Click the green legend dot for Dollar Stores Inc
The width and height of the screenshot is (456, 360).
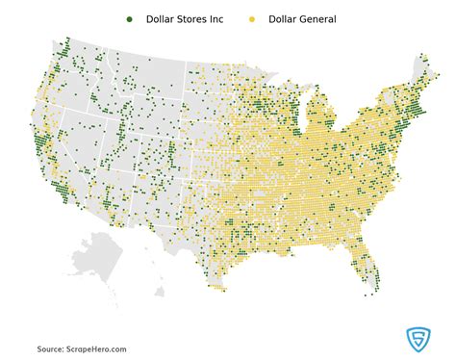click(x=129, y=19)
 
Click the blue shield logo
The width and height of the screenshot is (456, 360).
click(x=417, y=339)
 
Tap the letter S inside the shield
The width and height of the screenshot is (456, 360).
click(x=417, y=339)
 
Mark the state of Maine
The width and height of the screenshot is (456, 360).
click(x=421, y=72)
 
